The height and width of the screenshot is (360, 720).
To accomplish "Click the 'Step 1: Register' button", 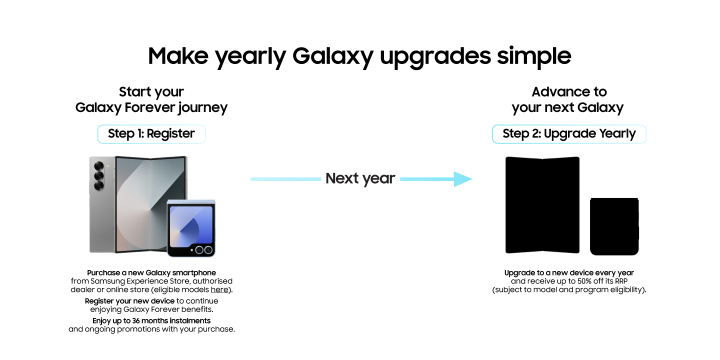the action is coord(151,133).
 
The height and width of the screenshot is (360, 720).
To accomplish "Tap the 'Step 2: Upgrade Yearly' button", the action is coord(569,133).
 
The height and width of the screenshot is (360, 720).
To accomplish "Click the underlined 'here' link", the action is coord(219,289).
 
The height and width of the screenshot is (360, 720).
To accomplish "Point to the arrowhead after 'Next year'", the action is coord(463,179).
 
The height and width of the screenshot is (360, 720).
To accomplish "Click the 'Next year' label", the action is coord(360,178).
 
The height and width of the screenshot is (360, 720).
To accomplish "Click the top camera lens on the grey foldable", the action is coord(99,166).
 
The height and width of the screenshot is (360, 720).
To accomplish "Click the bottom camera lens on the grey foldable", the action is coord(99,185).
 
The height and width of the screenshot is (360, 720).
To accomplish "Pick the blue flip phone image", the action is coord(191,228).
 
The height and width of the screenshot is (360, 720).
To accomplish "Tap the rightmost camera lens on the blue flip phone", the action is coord(208,250).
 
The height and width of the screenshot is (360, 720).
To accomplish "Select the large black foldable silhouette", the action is coord(542,205).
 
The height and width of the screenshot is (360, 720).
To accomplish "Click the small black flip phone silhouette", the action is coord(614,226).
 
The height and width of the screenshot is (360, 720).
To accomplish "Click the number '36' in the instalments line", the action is coord(136,321).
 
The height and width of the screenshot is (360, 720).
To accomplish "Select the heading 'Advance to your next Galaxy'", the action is coord(568,99).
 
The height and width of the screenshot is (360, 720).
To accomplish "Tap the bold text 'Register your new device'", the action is coord(129,301).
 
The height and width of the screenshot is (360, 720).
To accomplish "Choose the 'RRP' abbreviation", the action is coord(621,281).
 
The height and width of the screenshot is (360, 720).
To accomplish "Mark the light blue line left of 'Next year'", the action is coord(286,179).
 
